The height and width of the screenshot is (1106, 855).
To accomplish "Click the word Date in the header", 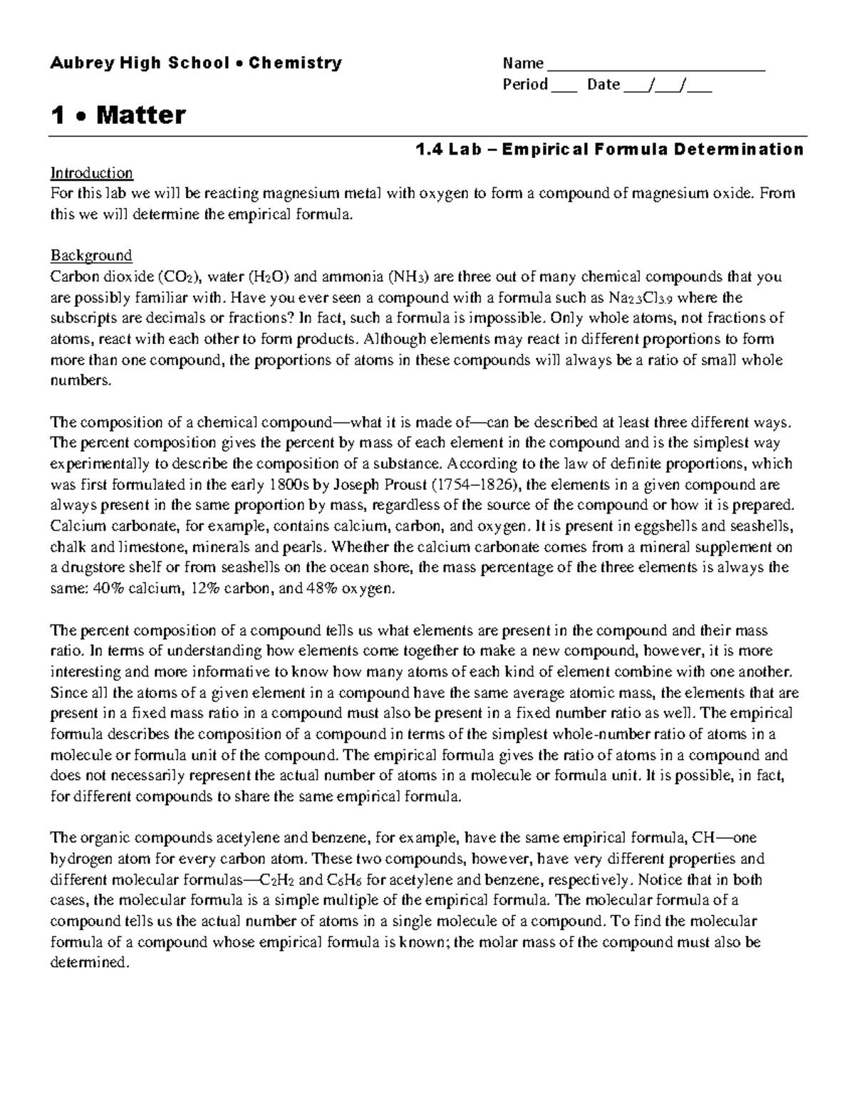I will pyautogui.click(x=603, y=85).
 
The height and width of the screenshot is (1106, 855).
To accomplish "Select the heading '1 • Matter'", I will pyautogui.click(x=118, y=115).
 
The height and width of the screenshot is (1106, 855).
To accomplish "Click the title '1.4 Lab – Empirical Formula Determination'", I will pyautogui.click(x=610, y=150).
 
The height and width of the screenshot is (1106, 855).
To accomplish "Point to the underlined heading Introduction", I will pyautogui.click(x=91, y=173).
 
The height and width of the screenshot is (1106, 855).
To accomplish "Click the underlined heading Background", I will pyautogui.click(x=91, y=256).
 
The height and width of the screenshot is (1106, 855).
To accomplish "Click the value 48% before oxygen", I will pyautogui.click(x=326, y=589).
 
